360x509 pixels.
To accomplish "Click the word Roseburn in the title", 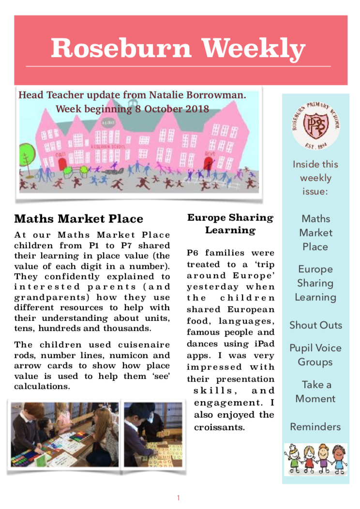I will click(121, 48).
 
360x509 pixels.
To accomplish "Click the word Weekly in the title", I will click(254, 48).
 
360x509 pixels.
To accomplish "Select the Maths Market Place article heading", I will click(79, 219).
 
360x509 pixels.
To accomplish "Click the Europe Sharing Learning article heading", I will click(230, 224).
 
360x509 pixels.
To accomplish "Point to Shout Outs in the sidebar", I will click(315, 325).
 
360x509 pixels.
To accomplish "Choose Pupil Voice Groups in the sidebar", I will click(315, 355).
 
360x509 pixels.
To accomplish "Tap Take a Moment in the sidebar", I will click(315, 391).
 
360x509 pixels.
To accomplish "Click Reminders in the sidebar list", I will click(315, 427).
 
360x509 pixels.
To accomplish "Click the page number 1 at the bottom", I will click(178, 497).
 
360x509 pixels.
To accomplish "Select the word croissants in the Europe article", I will click(220, 428).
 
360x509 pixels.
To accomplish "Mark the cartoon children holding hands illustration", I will click(315, 459).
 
